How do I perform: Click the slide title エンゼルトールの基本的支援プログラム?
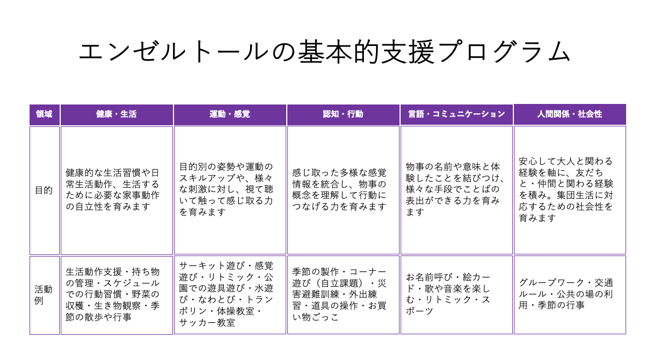[325, 52]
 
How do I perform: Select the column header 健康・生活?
[117, 114]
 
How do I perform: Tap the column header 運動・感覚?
[230, 114]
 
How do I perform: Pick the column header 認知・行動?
[343, 114]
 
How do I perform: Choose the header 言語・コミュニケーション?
[456, 114]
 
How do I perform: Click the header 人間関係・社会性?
[570, 114]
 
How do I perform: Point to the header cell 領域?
[45, 114]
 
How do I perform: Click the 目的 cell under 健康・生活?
[117, 190]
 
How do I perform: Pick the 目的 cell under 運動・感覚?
[230, 190]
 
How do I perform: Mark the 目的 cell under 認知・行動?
[343, 190]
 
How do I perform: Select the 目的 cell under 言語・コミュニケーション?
[456, 190]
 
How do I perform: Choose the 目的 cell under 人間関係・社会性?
[570, 190]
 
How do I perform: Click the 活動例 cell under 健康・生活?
[117, 295]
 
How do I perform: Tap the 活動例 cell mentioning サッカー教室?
[230, 295]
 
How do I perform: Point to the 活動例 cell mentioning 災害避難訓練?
[343, 295]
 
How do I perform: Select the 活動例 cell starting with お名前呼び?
[456, 295]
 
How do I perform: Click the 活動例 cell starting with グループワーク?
[570, 295]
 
